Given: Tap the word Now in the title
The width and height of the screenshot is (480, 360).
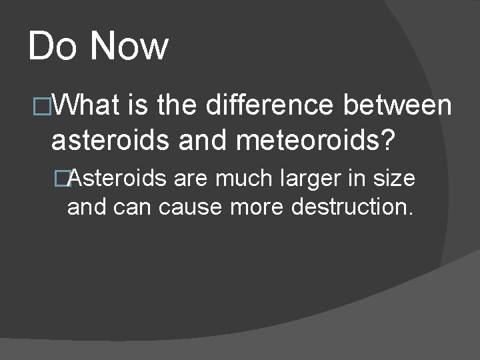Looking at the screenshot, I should (x=129, y=47).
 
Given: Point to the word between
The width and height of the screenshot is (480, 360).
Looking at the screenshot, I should (x=398, y=105).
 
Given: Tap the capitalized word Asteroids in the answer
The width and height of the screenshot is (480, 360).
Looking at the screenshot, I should (x=117, y=178).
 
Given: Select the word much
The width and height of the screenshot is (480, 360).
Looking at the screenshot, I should (x=241, y=178).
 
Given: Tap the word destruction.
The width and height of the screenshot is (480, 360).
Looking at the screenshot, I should (x=353, y=207).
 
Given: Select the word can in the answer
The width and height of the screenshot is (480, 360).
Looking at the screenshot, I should (x=133, y=207).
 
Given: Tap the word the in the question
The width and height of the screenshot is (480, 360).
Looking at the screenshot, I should (x=177, y=105).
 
